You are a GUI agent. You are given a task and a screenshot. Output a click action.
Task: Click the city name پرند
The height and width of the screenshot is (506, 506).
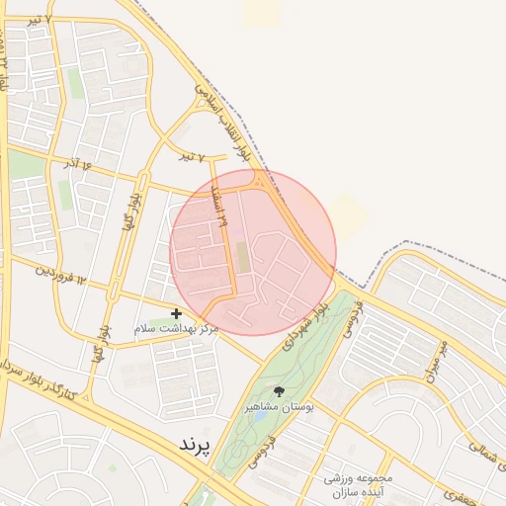(195, 446)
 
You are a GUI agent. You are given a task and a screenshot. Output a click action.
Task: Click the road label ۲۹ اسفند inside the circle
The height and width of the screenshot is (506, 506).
(222, 207)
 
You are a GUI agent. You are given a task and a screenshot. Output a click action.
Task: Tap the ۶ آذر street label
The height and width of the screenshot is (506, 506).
(79, 163)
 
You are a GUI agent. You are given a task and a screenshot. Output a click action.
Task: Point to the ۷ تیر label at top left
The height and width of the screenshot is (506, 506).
(39, 20)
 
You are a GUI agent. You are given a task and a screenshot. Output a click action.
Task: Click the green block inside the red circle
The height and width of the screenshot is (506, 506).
(242, 258)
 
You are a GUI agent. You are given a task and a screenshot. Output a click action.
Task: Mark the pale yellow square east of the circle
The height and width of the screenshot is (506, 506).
(349, 213)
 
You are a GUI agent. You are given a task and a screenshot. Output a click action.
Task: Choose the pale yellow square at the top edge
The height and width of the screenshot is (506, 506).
(262, 12)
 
